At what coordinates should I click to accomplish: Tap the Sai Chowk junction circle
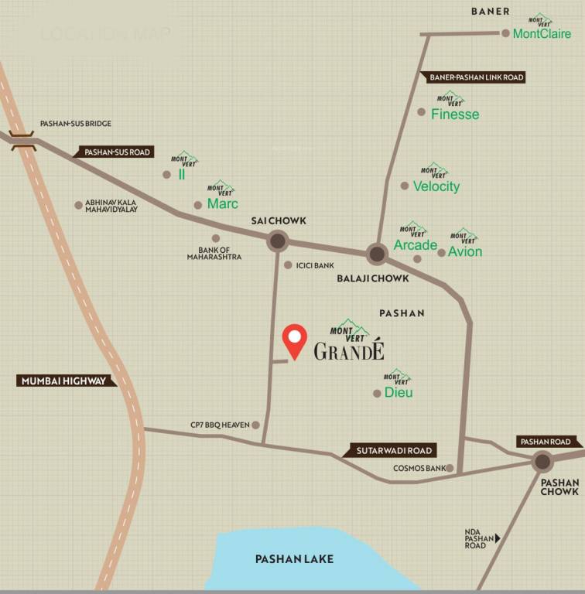278,242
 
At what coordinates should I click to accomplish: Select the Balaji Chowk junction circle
377,253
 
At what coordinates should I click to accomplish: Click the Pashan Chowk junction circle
542,462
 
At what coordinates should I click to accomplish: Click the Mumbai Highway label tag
66,381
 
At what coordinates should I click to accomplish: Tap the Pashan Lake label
294,558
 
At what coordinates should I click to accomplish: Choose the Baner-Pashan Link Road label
473,77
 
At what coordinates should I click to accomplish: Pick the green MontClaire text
542,33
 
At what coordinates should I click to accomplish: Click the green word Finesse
455,114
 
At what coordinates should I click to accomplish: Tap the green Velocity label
436,186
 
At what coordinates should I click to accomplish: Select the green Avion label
465,251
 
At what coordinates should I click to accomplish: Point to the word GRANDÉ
349,352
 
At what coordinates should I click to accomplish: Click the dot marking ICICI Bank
288,265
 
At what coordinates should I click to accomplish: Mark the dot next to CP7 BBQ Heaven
255,425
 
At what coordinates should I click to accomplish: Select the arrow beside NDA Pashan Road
498,538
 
